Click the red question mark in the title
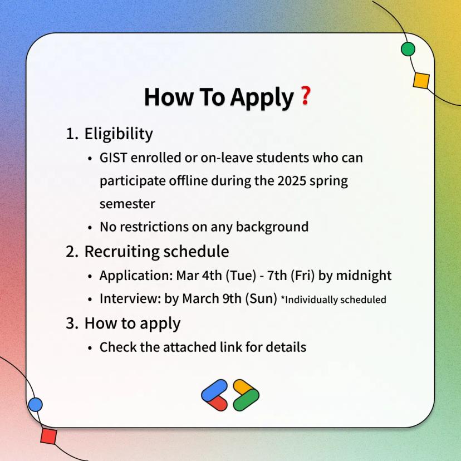[x=306, y=96]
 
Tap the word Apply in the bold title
[x=262, y=98]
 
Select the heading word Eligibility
[x=119, y=135]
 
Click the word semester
[x=127, y=204]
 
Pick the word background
[x=272, y=227]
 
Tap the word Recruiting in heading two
[x=122, y=252]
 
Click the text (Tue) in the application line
[x=241, y=276]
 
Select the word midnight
[x=364, y=276]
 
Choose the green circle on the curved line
[x=408, y=49]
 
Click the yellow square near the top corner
[x=421, y=81]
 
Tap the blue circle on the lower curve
[x=36, y=405]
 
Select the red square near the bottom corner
[x=49, y=437]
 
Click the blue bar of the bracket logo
[x=214, y=390]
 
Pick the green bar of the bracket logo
[x=246, y=400]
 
